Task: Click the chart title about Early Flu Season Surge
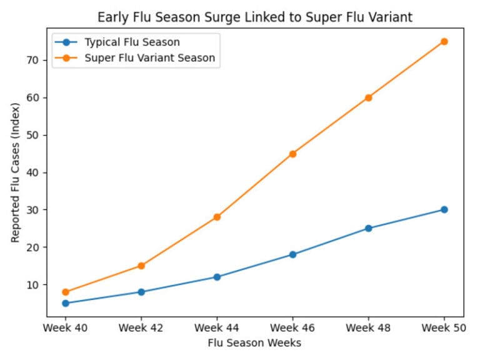254,17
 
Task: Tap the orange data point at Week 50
444,41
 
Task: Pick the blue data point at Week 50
444,209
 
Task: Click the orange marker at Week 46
292,154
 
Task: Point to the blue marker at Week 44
217,277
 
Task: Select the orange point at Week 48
368,97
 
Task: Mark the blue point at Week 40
66,303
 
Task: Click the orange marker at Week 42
141,266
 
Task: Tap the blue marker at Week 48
368,228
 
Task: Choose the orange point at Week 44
217,217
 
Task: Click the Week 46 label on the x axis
292,327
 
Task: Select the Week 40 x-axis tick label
66,327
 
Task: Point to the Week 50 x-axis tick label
444,327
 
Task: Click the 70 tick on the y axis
32,60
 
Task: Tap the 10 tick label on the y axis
32,284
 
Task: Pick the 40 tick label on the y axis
32,172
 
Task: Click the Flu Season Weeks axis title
254,342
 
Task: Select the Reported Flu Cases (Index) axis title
15,172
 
